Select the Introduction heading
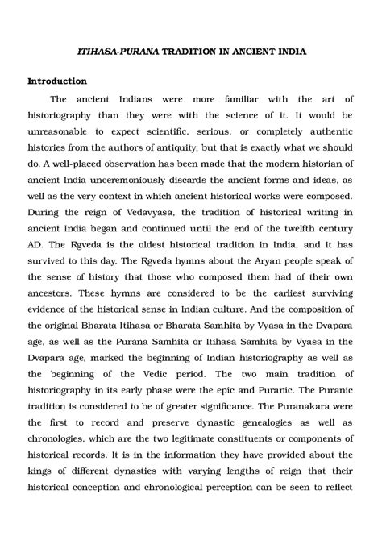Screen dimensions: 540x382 tap(57, 81)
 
